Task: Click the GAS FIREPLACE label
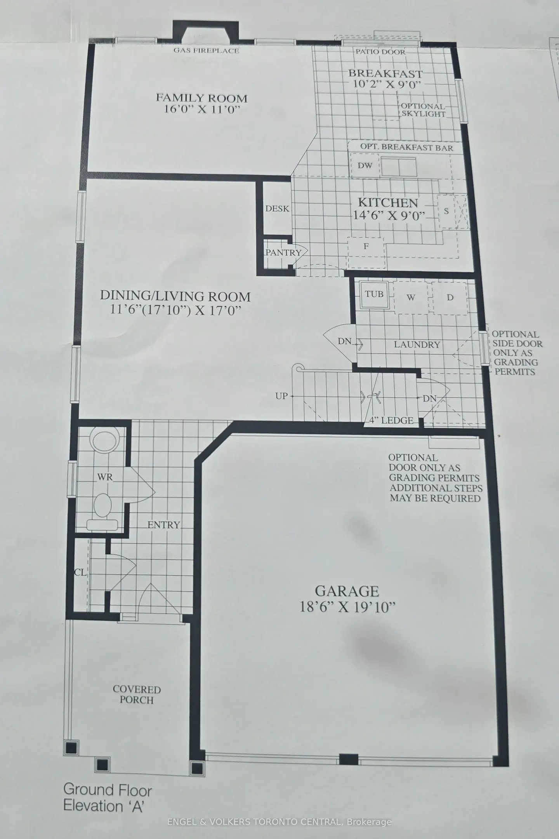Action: pyautogui.click(x=206, y=50)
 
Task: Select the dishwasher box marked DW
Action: pyautogui.click(x=365, y=165)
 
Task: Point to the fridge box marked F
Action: pyautogui.click(x=366, y=246)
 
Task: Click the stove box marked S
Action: pyautogui.click(x=446, y=211)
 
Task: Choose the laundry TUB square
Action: pyautogui.click(x=374, y=294)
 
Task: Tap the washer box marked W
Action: pyautogui.click(x=411, y=298)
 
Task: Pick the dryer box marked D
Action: pyautogui.click(x=450, y=298)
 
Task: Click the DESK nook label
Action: pyautogui.click(x=277, y=209)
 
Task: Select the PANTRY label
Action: pyautogui.click(x=283, y=252)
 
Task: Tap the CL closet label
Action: pyautogui.click(x=81, y=573)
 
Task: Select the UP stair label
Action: pyautogui.click(x=281, y=396)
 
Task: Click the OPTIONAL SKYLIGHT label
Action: pyautogui.click(x=423, y=110)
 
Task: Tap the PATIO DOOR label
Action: pyautogui.click(x=380, y=52)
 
